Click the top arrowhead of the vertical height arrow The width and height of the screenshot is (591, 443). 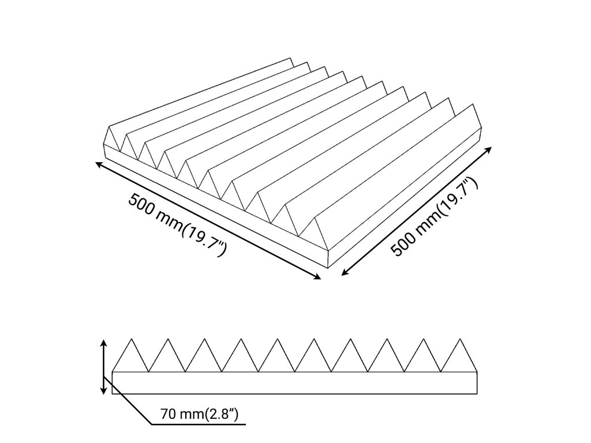[103, 342]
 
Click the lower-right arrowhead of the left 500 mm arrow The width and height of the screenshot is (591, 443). [317, 277]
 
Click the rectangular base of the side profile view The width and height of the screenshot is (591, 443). [295, 383]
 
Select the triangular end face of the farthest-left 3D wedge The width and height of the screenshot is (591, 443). [111, 139]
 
